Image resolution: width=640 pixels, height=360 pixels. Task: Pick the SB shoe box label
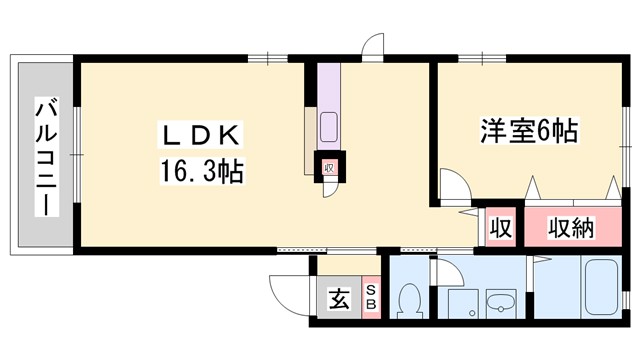[x=370, y=296]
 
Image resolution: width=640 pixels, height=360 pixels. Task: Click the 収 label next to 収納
[x=500, y=228]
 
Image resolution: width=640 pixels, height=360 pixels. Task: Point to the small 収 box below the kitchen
[x=328, y=167]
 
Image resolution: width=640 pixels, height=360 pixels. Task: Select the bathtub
[x=601, y=289]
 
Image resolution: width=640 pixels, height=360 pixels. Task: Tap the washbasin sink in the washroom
[x=497, y=304]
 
